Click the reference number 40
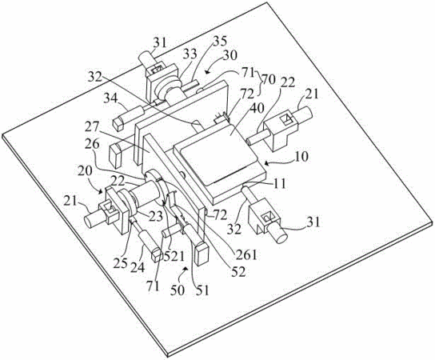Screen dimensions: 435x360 (256, 110)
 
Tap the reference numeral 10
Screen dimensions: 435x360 (301, 157)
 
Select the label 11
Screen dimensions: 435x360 (278, 183)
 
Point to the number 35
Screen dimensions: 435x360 (220, 41)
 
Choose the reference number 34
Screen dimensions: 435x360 (112, 98)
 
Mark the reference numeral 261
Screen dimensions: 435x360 (245, 254)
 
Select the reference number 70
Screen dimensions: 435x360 (268, 79)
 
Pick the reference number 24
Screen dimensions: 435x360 (138, 266)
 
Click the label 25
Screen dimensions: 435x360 (121, 262)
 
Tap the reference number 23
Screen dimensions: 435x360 (155, 216)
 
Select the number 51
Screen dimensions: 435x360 (202, 290)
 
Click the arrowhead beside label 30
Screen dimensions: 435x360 (206, 71)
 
